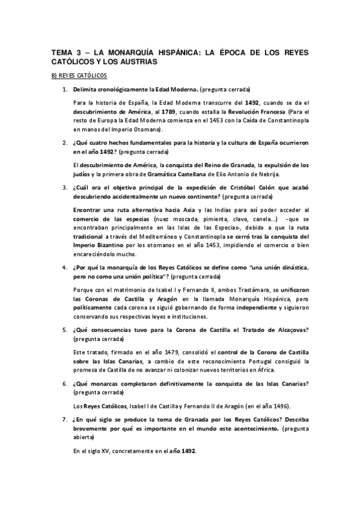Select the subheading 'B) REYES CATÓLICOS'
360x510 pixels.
point(78,76)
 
